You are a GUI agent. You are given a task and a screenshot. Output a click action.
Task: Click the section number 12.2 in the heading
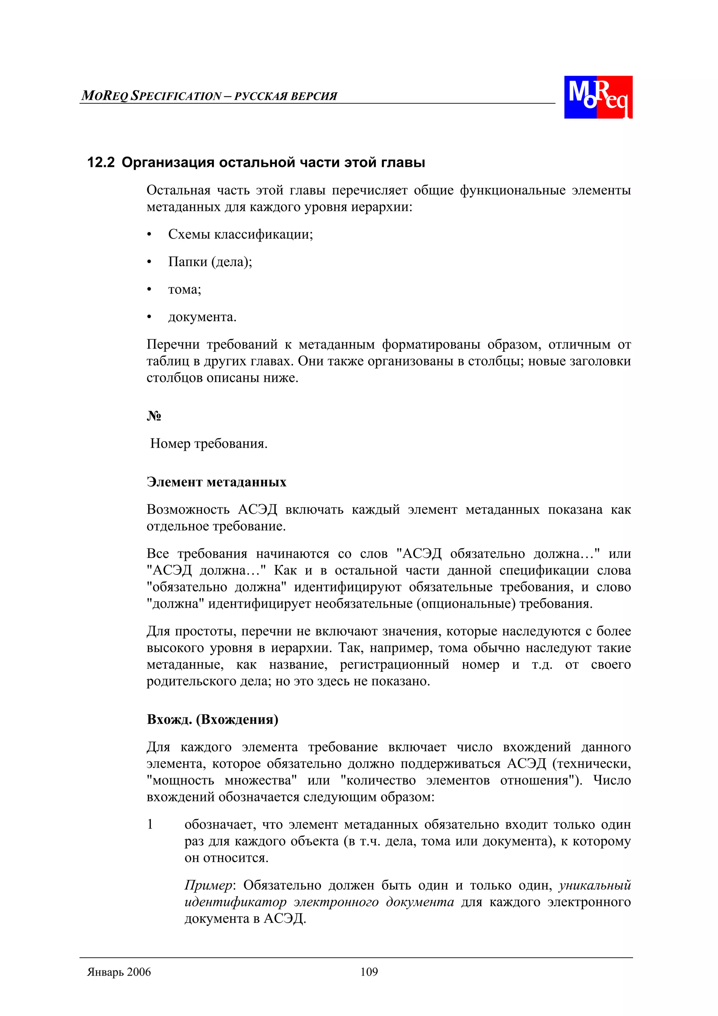(x=101, y=162)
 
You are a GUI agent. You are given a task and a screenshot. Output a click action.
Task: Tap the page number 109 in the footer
(x=369, y=972)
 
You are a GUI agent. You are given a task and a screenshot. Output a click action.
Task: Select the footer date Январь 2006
(x=119, y=972)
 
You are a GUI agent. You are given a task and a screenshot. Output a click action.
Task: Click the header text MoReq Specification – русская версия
(x=209, y=96)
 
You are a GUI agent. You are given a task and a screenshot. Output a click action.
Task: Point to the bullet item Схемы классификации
(x=240, y=234)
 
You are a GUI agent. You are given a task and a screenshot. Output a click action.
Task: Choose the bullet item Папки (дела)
(x=210, y=262)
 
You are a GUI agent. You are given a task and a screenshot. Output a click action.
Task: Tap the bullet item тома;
(x=184, y=289)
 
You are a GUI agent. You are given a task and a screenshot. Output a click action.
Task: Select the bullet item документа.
(x=202, y=317)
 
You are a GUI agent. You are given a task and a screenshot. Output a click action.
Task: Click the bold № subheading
(x=154, y=416)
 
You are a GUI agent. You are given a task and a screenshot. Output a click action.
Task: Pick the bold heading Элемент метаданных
(x=216, y=482)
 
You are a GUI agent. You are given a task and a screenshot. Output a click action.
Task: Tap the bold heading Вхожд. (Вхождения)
(x=212, y=720)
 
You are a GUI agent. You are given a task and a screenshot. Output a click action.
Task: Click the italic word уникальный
(x=595, y=886)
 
